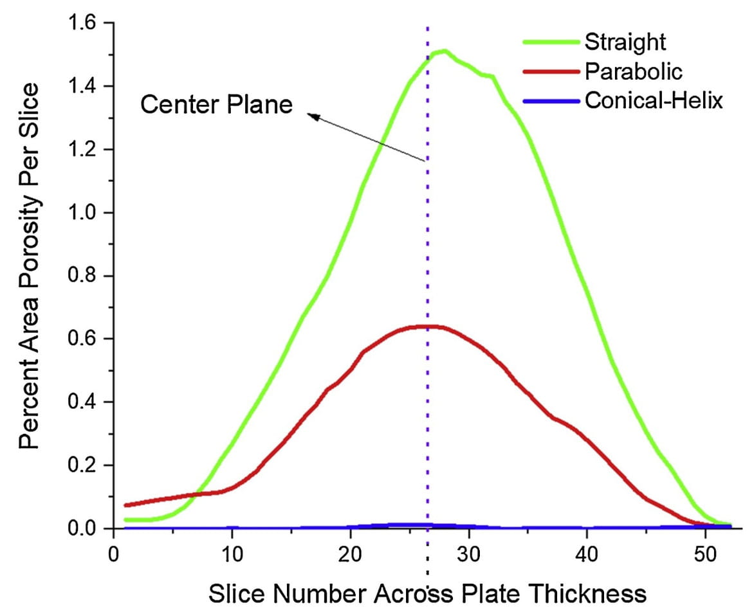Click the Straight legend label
coord(625,42)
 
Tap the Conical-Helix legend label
coord(654,100)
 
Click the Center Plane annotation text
coord(216,104)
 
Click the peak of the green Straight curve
coord(443,51)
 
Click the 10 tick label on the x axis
coord(232,553)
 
